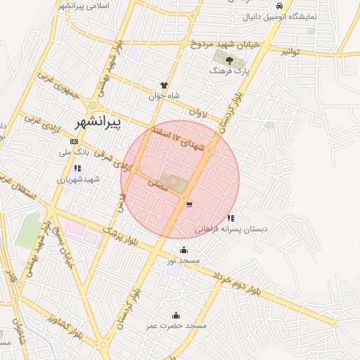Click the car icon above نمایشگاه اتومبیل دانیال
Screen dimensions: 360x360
pyautogui.click(x=280, y=5)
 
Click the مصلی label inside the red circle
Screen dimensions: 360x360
pyautogui.click(x=157, y=184)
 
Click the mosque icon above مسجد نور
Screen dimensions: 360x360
pyautogui.click(x=184, y=250)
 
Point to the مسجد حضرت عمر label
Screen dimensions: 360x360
pyautogui.click(x=176, y=326)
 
